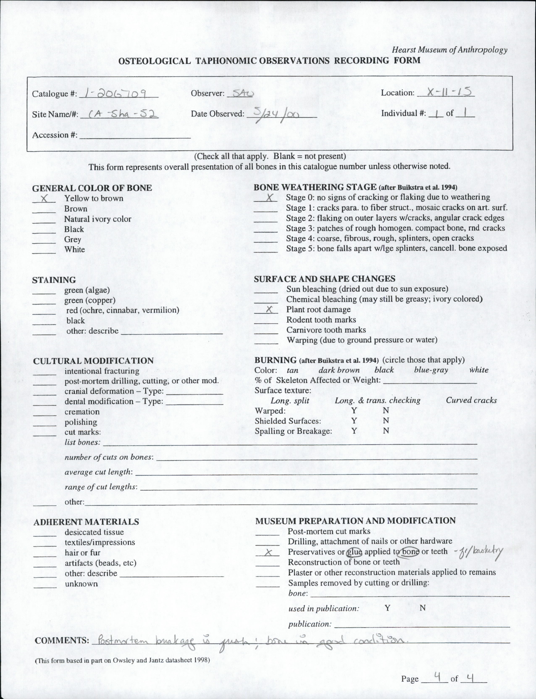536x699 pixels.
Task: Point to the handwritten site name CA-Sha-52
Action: [x=119, y=114]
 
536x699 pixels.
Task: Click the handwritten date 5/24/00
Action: [x=275, y=113]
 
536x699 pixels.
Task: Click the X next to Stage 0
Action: [x=269, y=197]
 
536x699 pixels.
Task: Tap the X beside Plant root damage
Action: [x=269, y=309]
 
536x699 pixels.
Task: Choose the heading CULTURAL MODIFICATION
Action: [x=93, y=361]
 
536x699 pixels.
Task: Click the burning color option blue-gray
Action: [x=431, y=370]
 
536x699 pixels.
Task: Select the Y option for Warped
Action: [x=354, y=411]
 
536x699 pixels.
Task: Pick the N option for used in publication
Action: [x=422, y=608]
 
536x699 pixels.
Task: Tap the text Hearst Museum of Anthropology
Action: [x=449, y=50]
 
